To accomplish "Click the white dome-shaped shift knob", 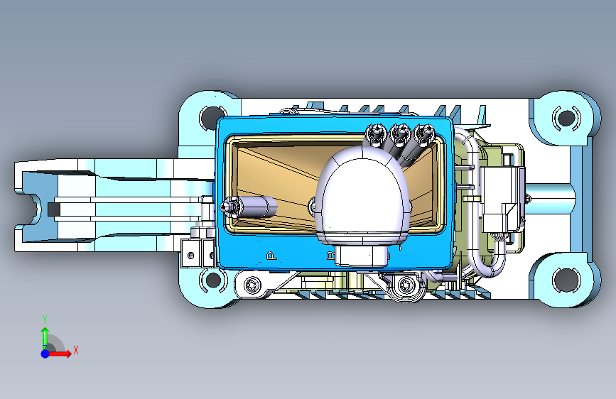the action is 362,197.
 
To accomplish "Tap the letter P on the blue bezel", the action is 271,256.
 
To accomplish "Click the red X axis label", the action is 76,350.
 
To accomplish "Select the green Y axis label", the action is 45,319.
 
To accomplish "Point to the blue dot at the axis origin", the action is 45,354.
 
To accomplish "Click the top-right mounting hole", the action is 566,117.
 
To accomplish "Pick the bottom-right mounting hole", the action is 566,280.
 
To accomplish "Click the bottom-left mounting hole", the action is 213,280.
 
